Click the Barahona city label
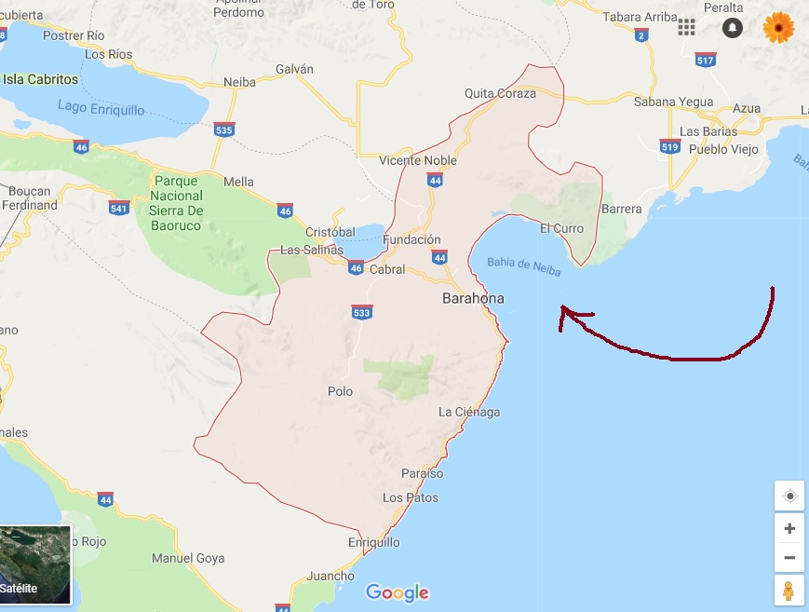click(x=473, y=299)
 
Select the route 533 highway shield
click(x=362, y=312)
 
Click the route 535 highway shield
click(x=223, y=129)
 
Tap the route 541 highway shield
click(x=118, y=207)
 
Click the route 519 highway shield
click(x=669, y=146)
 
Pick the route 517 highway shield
click(x=705, y=61)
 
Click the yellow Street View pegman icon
click(x=789, y=591)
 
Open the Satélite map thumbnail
click(x=35, y=564)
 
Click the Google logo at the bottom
click(x=398, y=592)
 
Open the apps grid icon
click(x=687, y=27)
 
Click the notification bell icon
click(x=733, y=27)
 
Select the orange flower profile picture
click(x=778, y=27)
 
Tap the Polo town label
click(x=341, y=391)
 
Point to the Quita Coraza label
click(x=500, y=93)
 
